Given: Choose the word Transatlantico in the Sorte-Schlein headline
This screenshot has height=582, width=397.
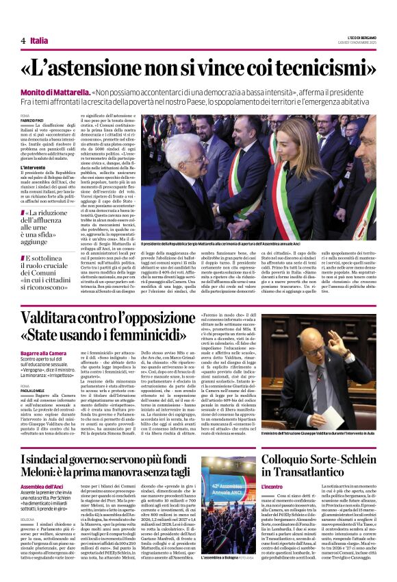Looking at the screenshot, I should (x=297, y=473).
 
